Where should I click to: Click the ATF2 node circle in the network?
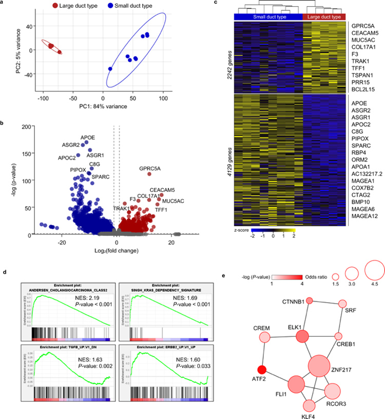tap(262, 369)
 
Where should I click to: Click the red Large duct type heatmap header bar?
tap(324, 17)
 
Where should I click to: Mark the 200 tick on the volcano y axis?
tap(26, 126)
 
